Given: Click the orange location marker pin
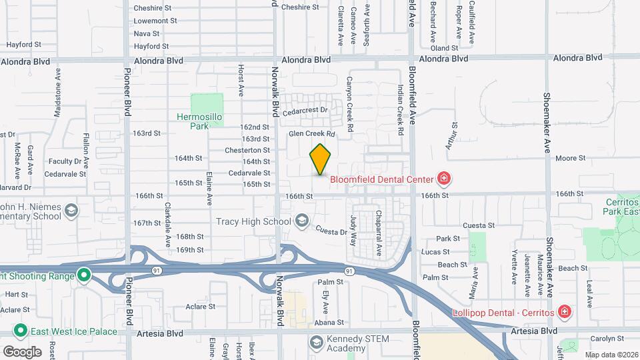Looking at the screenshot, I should pos(321,159).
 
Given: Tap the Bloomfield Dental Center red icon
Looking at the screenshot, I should pos(443,178).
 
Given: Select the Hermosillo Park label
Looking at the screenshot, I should pos(198,121).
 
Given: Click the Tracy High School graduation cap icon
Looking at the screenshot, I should pos(301,221).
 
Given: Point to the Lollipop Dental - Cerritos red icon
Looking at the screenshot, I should pos(564,312).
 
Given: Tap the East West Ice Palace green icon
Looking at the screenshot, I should pos(21,331).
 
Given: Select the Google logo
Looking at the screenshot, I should pos(21,351).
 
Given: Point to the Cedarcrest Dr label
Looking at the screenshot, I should pos(307,110).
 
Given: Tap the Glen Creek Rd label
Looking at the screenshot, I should pos(311,134).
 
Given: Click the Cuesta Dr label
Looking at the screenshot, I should pos(331,230).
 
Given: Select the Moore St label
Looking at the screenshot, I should pos(570,159).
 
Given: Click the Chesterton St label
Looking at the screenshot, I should pos(247,150).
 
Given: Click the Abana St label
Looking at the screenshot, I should pos(329,323).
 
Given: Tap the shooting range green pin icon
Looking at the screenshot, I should pos(83,275).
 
